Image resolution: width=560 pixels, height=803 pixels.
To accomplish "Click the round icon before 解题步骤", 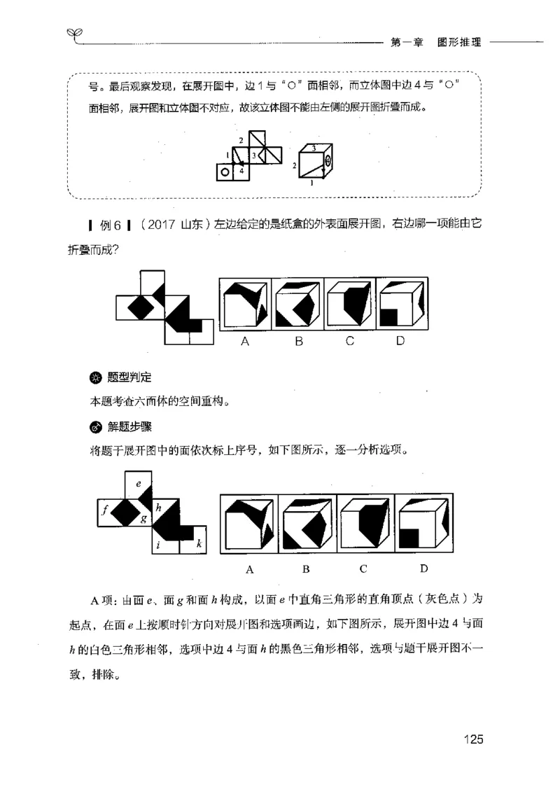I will tap(96, 426).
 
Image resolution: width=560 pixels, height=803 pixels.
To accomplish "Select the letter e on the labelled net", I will tap(139, 483).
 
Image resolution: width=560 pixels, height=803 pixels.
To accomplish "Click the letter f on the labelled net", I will tap(104, 510).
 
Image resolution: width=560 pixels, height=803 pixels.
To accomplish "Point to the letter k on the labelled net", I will tap(199, 542).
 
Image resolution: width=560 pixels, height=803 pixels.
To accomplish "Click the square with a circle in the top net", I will tap(224, 171).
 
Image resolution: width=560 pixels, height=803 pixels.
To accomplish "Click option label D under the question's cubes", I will tap(400, 342).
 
